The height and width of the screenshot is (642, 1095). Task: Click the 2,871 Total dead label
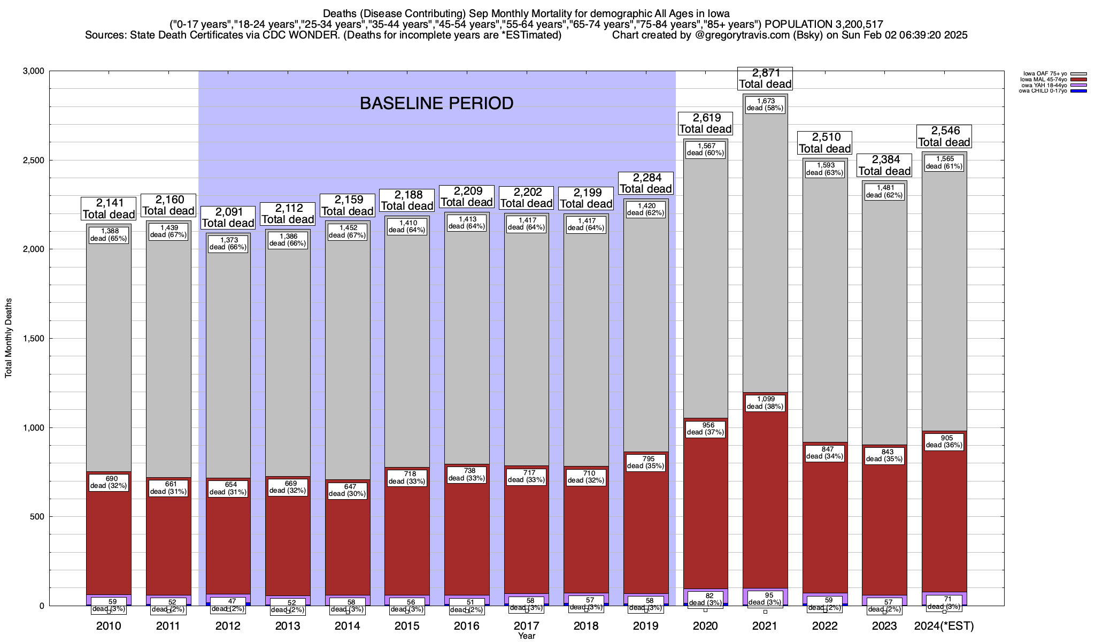[765, 79]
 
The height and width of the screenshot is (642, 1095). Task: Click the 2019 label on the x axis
[645, 626]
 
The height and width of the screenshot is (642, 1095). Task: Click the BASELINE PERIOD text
[436, 103]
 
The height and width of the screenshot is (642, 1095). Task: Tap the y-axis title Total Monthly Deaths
[9, 338]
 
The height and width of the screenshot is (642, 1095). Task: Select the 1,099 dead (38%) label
[765, 403]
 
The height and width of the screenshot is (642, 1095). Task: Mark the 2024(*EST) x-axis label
[944, 626]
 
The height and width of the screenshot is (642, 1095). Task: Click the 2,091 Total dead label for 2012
[228, 217]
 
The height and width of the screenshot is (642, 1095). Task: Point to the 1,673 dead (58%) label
[765, 104]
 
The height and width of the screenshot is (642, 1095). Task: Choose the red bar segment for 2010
[109, 535]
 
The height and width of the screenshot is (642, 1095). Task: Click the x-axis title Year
[526, 636]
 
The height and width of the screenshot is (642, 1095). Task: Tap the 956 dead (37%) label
[705, 429]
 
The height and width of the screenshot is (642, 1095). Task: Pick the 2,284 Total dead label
[645, 183]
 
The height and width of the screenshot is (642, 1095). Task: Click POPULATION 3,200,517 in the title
[823, 24]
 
